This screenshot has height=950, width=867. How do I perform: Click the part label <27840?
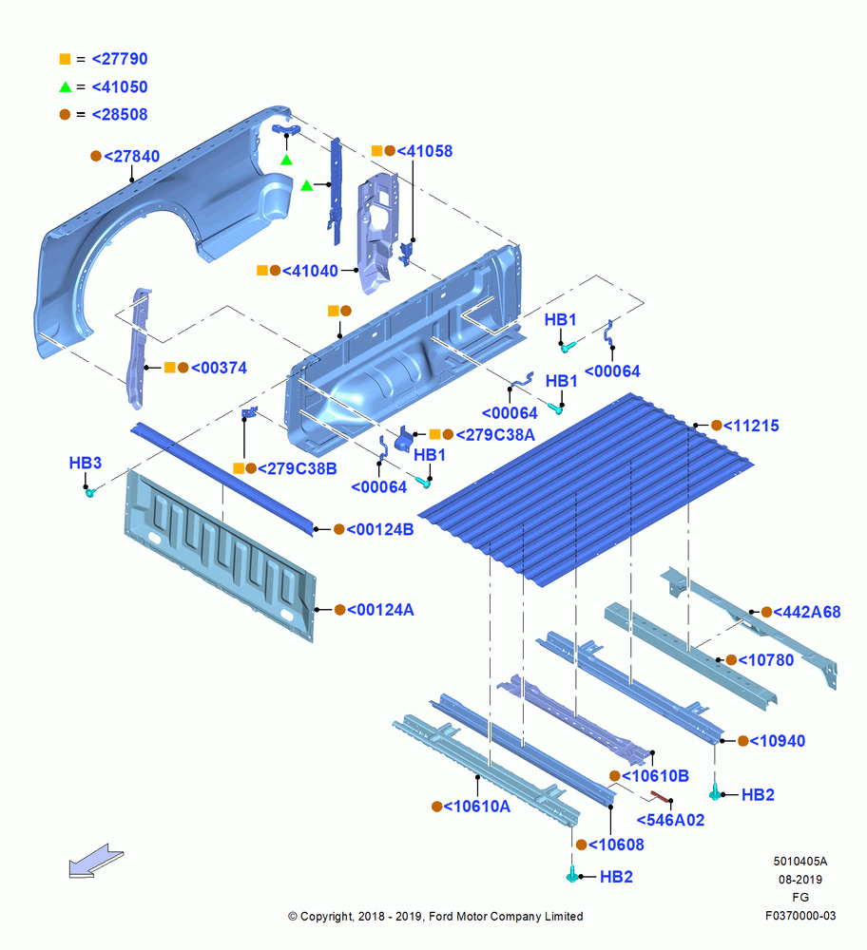point(131,157)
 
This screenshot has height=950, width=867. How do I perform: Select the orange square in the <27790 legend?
point(65,59)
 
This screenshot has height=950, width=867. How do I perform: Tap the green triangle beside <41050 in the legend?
point(66,86)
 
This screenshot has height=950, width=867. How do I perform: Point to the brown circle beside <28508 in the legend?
point(65,115)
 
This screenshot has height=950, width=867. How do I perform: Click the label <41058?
point(424,151)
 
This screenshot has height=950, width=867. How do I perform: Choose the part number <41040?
point(310,271)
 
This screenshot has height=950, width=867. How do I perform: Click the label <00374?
point(219,368)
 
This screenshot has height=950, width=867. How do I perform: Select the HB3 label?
point(85,463)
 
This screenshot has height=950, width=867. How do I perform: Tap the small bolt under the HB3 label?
point(89,492)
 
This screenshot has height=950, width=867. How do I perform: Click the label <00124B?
point(380,529)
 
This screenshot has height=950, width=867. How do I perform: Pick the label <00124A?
point(380,610)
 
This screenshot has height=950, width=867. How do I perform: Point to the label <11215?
point(751,426)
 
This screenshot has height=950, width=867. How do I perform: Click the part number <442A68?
point(807,612)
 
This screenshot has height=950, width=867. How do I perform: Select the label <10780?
point(765,660)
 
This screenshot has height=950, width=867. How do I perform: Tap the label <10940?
point(778,741)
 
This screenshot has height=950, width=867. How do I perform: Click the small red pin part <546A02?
point(660,796)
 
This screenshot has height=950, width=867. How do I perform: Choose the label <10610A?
point(476,807)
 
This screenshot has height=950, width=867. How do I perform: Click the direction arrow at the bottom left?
point(96,861)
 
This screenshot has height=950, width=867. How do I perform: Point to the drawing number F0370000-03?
point(800,916)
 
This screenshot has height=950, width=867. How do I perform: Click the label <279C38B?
point(298,468)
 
